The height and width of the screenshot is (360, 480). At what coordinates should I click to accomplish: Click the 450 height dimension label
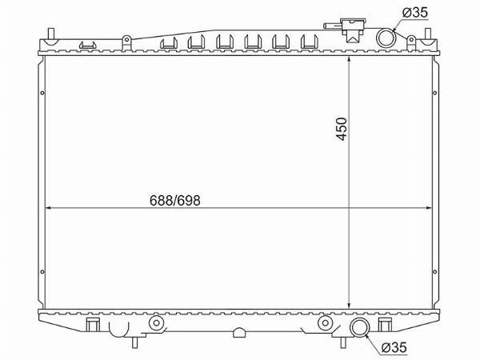point(342,129)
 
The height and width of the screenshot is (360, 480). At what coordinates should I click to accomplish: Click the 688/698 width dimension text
point(174,201)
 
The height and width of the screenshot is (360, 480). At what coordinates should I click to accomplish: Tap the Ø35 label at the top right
point(415,13)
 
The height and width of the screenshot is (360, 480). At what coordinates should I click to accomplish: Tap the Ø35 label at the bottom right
point(394,347)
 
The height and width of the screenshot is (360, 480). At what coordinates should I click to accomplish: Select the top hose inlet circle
point(386,38)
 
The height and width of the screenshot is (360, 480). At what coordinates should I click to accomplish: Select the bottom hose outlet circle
point(360,327)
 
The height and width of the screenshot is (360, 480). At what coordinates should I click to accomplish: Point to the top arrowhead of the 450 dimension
point(349,60)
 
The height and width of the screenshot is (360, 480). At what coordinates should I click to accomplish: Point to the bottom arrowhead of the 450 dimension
point(349,306)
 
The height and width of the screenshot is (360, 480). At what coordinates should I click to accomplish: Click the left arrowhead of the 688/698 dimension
point(48,208)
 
